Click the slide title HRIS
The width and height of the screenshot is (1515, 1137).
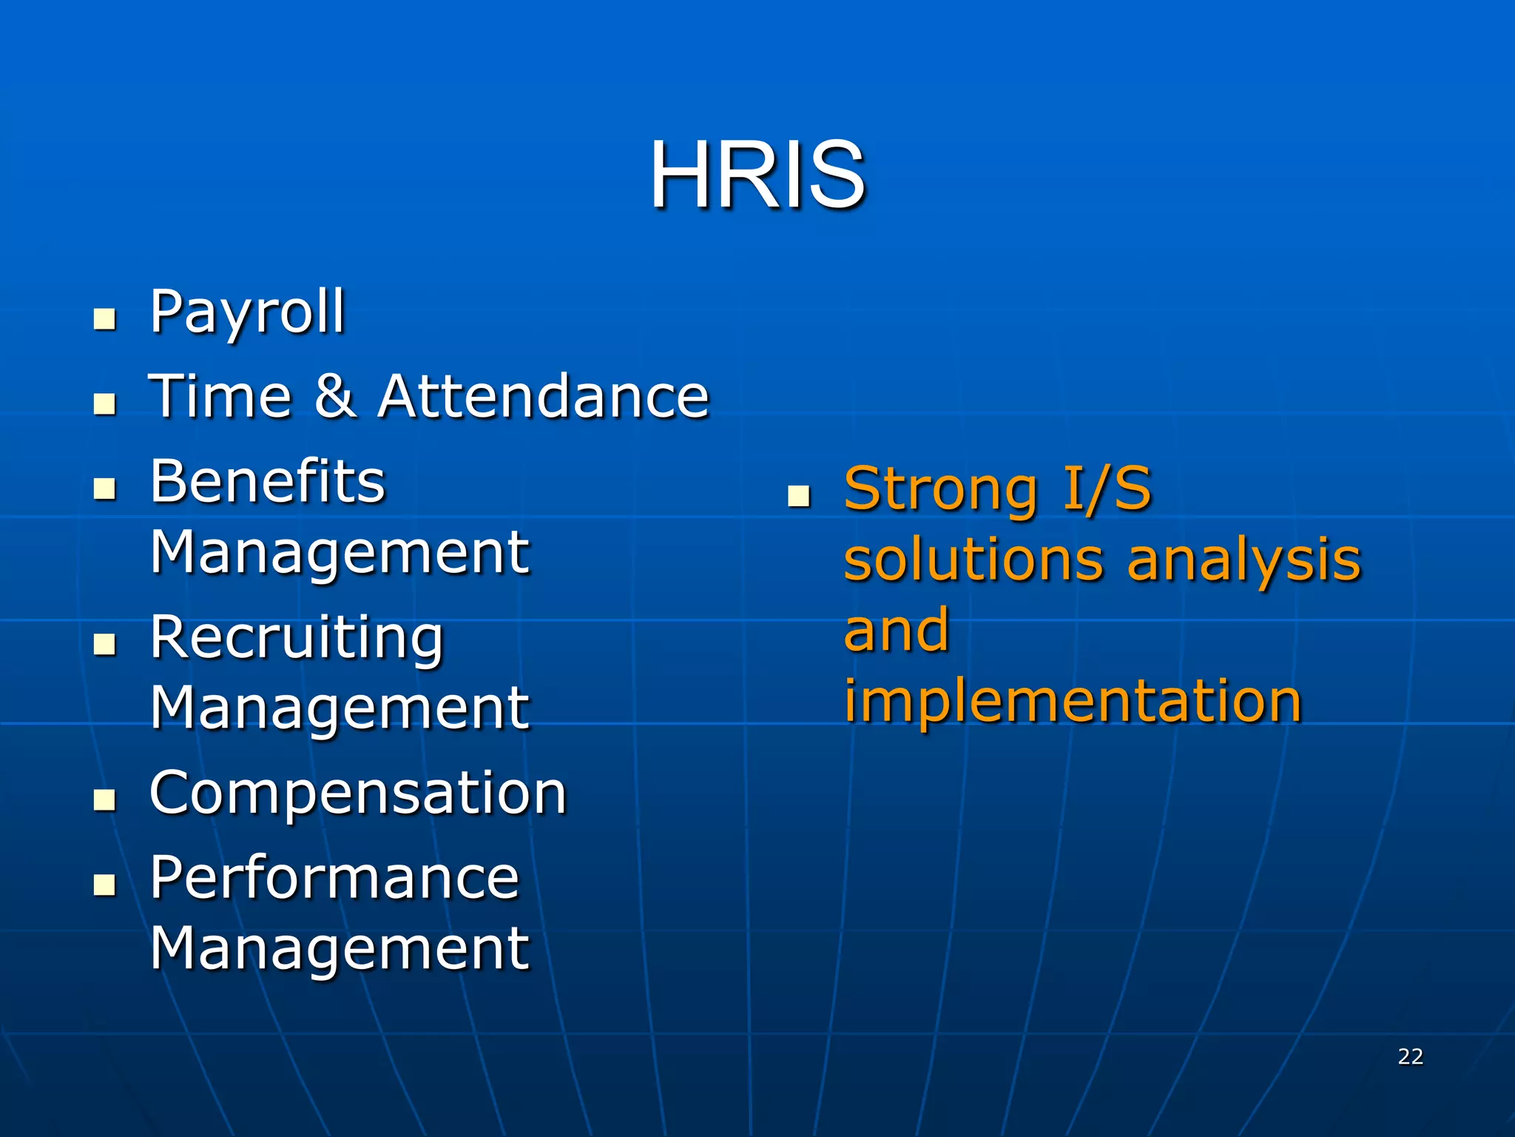[x=757, y=176]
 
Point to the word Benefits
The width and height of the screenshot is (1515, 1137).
[x=268, y=481]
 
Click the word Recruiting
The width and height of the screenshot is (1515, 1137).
[x=297, y=637]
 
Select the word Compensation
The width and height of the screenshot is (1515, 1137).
[x=358, y=793]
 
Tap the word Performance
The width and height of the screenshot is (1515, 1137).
[x=335, y=877]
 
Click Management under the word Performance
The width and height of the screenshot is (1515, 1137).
[x=340, y=948]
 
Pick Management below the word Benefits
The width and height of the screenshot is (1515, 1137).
[x=340, y=552]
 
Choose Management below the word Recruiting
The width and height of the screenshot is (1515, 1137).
[x=340, y=708]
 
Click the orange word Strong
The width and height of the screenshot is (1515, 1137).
[x=941, y=489]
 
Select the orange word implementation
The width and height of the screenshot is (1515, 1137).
[x=1073, y=701]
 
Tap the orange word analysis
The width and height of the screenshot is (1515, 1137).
[x=1244, y=560]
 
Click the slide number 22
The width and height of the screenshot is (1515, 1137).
[x=1410, y=1056]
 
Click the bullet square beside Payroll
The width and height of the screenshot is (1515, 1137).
[x=105, y=319]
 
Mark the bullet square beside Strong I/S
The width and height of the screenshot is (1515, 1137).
[x=799, y=496]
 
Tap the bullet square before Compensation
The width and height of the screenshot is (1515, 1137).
[x=105, y=800]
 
